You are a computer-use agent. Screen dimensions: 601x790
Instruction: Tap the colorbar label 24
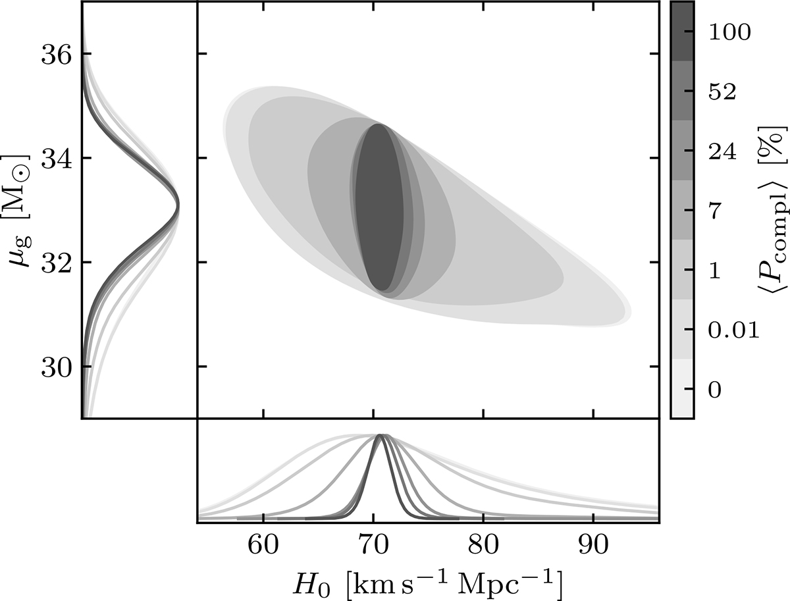[x=722, y=151]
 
